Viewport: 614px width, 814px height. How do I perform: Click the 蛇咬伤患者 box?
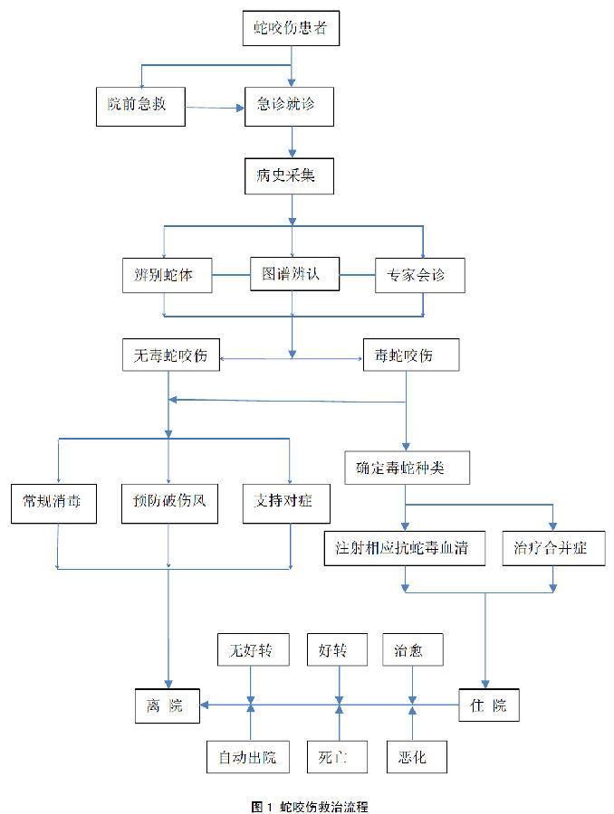point(291,28)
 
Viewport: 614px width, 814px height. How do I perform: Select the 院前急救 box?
point(140,107)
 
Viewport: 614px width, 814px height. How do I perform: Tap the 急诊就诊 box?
point(289,107)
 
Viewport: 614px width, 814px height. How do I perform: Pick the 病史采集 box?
point(289,177)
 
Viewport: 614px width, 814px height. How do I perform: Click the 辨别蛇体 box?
point(167,275)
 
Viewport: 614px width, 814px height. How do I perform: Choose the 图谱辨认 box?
point(294,273)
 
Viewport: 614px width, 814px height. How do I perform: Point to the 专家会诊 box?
point(419,276)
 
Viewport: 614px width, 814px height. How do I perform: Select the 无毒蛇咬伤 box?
point(170,355)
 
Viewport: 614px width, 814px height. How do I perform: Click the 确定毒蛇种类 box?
point(408,468)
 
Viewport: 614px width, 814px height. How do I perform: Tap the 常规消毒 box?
point(53,504)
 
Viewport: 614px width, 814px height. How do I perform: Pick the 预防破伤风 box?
point(169,504)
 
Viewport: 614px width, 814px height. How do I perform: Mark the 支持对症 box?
point(286,504)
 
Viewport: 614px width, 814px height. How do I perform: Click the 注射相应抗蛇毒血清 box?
point(405,548)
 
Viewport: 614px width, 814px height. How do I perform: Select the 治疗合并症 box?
point(553,548)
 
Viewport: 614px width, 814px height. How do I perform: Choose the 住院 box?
point(489,705)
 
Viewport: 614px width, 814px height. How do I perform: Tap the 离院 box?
point(168,706)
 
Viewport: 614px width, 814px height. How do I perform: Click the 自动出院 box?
point(248,757)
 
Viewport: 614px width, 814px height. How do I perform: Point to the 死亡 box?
point(337,757)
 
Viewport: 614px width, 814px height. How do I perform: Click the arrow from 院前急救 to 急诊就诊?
point(215,108)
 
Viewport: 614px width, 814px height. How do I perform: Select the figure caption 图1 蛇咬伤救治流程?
point(310,807)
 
